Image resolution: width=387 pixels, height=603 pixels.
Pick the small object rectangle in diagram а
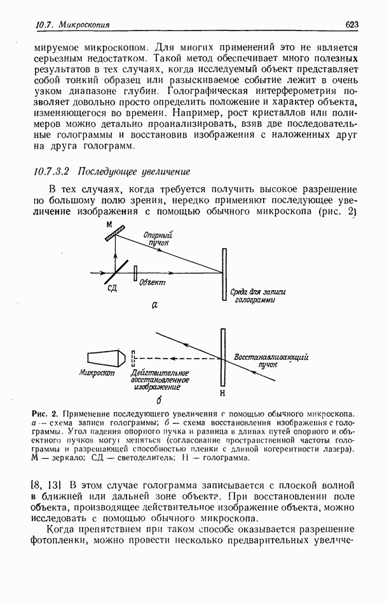tap(135, 272)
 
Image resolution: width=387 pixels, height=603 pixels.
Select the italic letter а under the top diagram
tap(154, 305)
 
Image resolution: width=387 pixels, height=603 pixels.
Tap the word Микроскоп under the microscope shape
tap(97, 374)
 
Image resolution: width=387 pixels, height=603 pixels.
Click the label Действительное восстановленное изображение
tap(156, 380)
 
